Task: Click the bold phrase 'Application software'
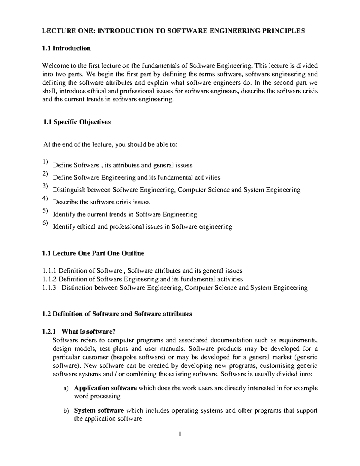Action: coord(105,388)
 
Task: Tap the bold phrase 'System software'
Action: coord(99,410)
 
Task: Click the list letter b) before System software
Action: coord(66,411)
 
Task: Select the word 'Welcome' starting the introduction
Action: coord(53,66)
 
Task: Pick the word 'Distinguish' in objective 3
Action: coord(69,190)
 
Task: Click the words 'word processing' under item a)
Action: coord(97,396)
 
